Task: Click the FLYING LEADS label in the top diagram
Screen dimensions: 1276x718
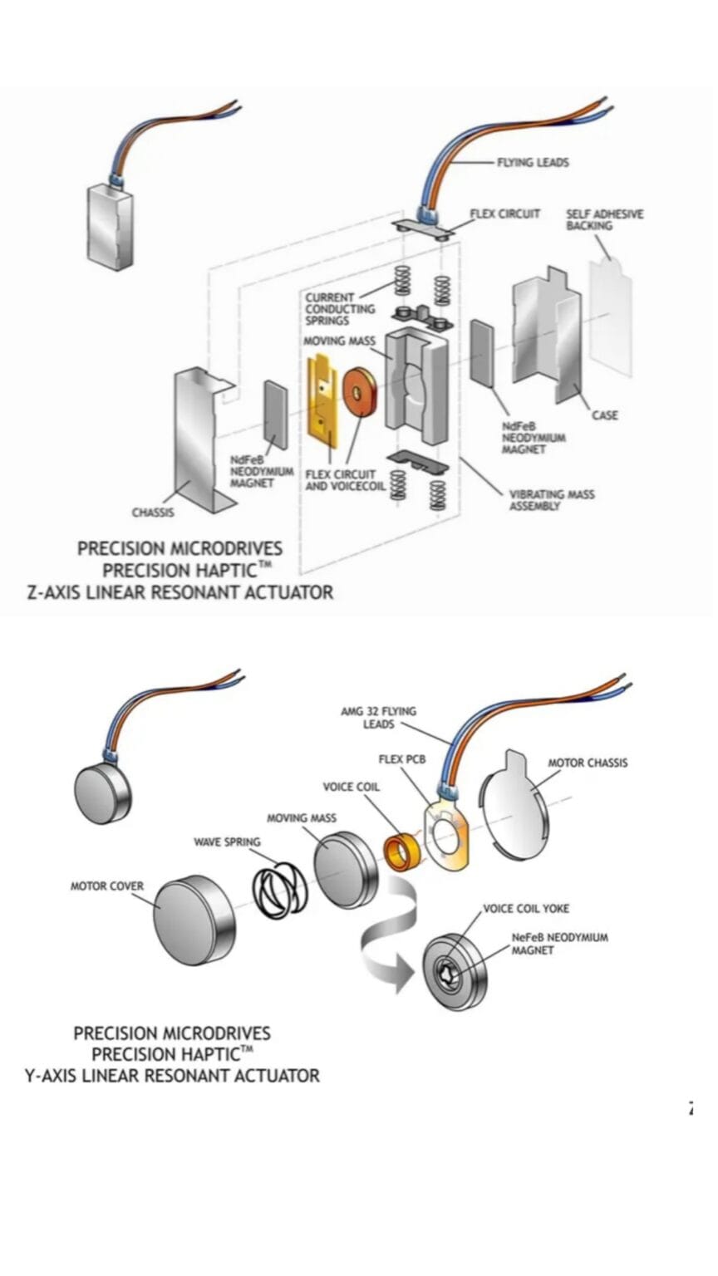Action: [533, 163]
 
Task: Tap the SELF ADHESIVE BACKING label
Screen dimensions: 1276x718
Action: [604, 219]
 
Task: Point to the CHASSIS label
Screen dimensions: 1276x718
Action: [153, 513]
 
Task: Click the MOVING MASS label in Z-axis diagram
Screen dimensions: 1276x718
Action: [339, 341]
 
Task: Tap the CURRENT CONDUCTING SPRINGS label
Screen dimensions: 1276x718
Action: [339, 308]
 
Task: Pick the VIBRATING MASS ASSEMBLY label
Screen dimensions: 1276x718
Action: [551, 499]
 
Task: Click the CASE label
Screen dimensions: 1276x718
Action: [604, 415]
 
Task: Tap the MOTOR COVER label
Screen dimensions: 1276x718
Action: [106, 886]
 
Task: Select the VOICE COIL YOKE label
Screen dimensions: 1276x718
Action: [526, 908]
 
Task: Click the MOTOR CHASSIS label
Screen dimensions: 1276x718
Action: [588, 763]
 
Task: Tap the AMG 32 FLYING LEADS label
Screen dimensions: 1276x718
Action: [378, 718]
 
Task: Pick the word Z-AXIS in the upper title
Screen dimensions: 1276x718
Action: [60, 592]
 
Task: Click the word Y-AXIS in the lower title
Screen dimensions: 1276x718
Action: [56, 1075]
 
